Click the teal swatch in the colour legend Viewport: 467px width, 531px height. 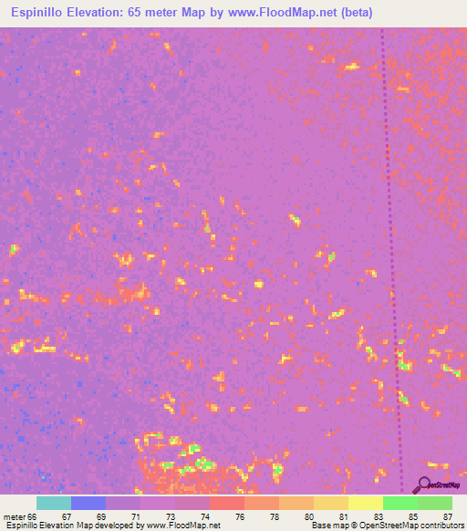(x=54, y=503)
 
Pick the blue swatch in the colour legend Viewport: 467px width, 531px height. (x=88, y=503)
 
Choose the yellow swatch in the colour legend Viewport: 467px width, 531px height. (x=366, y=503)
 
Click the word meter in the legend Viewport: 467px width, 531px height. (x=13, y=517)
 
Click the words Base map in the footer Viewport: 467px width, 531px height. (x=327, y=526)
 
